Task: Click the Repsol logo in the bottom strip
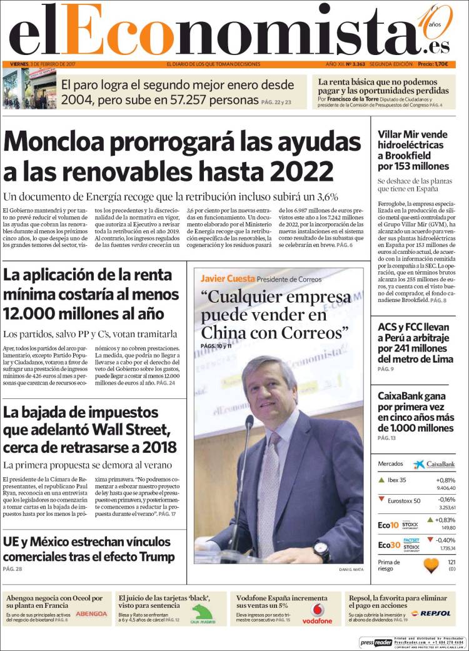tap(431, 613)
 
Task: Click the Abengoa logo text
tap(91, 613)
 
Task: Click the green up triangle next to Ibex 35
tap(381, 480)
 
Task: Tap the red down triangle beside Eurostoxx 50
tap(381, 500)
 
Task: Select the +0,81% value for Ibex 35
tap(445, 480)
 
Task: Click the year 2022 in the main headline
tap(303, 171)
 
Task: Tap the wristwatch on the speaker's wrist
tap(321, 550)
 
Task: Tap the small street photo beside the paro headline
tap(29, 89)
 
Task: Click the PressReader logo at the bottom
tap(375, 642)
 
